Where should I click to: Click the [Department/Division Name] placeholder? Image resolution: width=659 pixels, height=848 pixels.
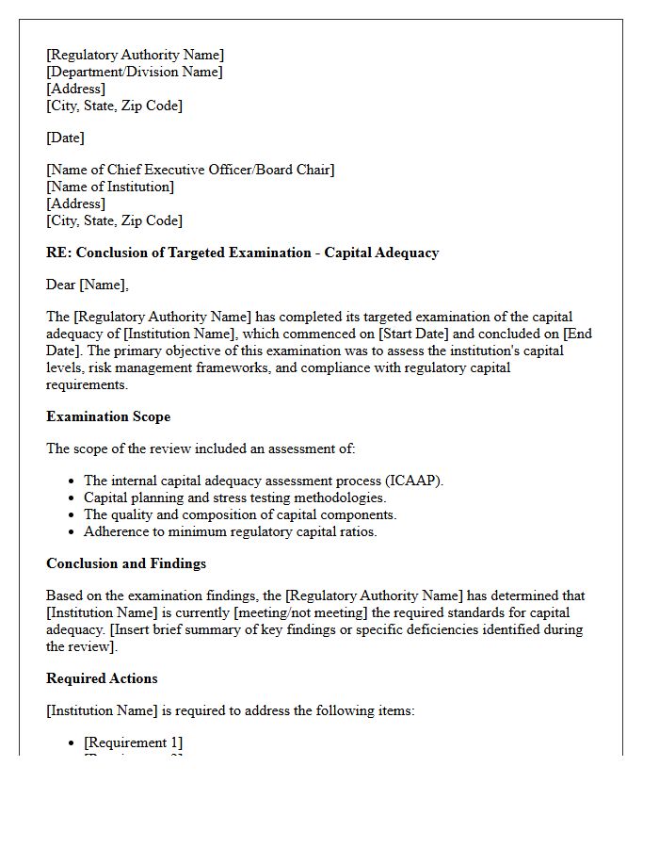click(135, 72)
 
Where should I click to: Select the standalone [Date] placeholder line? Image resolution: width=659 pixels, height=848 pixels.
click(65, 138)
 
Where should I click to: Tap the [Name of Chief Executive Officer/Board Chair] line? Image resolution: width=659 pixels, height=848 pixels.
click(190, 170)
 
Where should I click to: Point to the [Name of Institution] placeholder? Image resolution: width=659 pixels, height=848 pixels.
click(110, 187)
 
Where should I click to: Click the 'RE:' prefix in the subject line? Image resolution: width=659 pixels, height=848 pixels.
click(59, 253)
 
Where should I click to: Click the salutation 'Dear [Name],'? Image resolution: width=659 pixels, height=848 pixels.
click(88, 285)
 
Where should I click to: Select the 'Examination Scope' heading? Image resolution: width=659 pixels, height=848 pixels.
click(108, 416)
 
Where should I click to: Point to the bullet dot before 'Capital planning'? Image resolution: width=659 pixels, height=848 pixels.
click(72, 498)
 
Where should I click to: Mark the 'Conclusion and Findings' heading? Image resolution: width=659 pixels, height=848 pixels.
click(126, 563)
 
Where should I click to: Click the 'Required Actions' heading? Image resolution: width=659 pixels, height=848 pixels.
click(102, 678)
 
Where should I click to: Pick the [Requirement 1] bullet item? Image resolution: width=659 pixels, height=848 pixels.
click(134, 742)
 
